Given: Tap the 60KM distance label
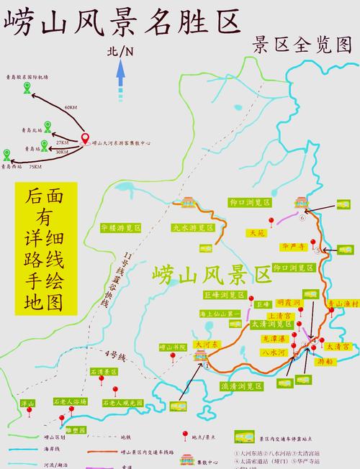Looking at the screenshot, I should [70, 107].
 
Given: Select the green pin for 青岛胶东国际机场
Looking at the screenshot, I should [27, 88].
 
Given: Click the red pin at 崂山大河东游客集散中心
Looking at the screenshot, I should [86, 138].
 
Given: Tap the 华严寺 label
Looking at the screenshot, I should [294, 247].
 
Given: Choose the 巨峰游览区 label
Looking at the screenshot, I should [220, 294].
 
